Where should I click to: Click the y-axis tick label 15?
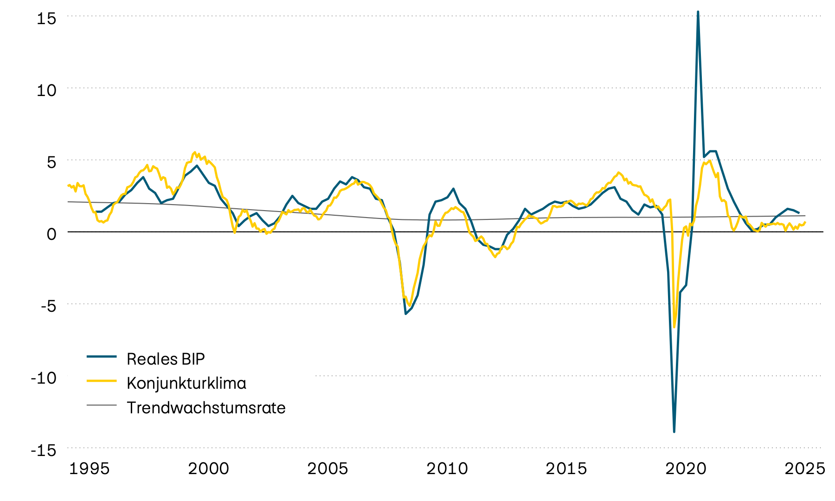pos(46,19)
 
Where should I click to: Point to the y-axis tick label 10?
pos(46,90)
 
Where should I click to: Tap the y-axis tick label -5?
pos(45,306)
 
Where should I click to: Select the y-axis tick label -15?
pos(43,450)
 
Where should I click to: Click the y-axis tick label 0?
pos(51,234)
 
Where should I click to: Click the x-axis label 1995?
pos(89,469)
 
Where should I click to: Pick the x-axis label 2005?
pos(328,469)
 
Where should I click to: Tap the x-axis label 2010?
pos(447,469)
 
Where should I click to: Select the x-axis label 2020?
pos(686,469)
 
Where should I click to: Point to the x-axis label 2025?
pos(805,469)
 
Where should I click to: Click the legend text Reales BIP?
pos(166,359)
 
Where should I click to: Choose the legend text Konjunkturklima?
pos(186,383)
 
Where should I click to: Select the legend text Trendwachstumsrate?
pos(206,408)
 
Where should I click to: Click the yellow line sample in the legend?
pos(102,381)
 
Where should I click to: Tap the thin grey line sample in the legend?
pos(102,405)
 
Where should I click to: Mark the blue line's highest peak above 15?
pos(698,12)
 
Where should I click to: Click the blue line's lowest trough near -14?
pos(674,431)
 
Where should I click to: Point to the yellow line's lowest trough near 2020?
pos(674,327)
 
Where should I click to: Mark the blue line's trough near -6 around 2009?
pos(406,314)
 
